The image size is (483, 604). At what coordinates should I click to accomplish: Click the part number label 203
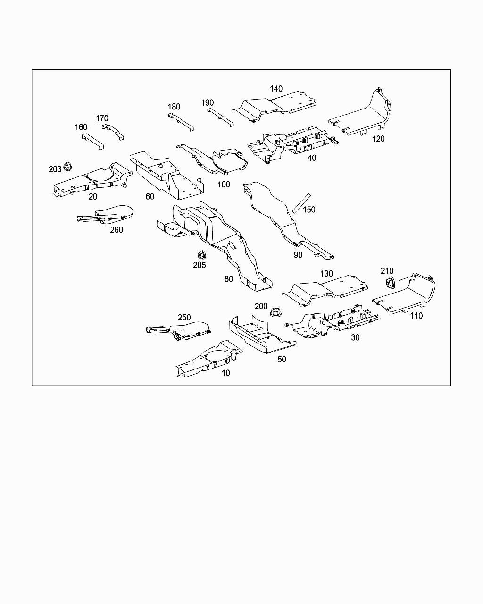click(x=55, y=169)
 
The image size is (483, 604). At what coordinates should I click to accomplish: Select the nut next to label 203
click(x=68, y=167)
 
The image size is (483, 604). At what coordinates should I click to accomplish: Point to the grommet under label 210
click(x=390, y=283)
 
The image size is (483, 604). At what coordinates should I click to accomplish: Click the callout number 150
click(x=309, y=210)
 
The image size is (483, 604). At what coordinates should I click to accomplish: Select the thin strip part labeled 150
click(x=300, y=203)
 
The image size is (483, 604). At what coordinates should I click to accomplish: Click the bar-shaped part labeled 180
click(x=181, y=122)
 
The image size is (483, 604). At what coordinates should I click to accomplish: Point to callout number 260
click(x=117, y=230)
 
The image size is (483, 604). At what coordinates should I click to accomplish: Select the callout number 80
click(x=229, y=279)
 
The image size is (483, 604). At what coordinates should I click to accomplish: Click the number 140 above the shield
click(x=276, y=89)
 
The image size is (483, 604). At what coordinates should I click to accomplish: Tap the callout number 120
click(x=378, y=139)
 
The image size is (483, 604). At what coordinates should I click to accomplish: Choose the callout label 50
click(x=282, y=359)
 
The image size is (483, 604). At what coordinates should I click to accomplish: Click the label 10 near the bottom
click(x=226, y=373)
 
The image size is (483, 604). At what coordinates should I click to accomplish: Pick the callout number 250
click(x=184, y=318)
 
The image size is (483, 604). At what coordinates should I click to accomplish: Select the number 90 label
click(x=298, y=255)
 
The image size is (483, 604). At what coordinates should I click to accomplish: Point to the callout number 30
click(x=355, y=337)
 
